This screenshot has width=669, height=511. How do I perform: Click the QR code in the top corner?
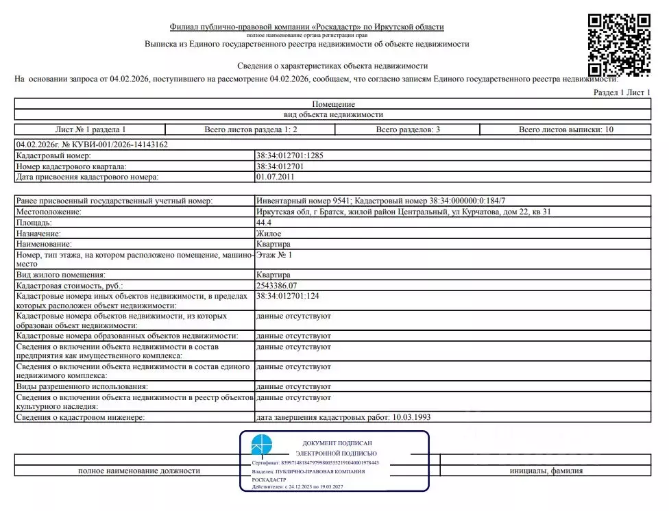click(619, 45)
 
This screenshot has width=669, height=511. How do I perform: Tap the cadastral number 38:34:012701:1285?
click(289, 155)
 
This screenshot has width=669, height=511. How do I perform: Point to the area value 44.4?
click(264, 223)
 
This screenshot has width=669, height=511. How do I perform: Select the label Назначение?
click(41, 234)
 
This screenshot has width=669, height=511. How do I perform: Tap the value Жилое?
click(268, 234)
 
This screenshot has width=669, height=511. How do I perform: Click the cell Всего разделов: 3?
click(408, 129)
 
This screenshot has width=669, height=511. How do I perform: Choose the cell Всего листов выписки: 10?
click(565, 129)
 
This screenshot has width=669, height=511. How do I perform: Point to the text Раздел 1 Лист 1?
click(622, 92)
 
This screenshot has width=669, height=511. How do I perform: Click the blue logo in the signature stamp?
click(261, 445)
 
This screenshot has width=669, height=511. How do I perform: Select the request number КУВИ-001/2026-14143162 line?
click(92, 145)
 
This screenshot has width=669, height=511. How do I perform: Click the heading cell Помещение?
click(333, 104)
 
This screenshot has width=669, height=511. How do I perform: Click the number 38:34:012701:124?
click(288, 296)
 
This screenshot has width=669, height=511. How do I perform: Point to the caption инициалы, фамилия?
click(546, 471)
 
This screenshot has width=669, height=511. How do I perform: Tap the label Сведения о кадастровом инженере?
click(81, 417)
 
